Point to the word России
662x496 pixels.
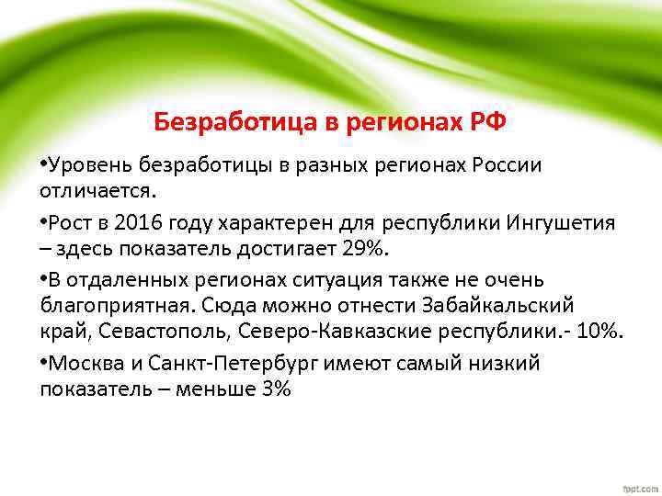(x=508, y=165)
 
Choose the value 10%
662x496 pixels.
(x=596, y=331)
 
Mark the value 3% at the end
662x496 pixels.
(x=275, y=389)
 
